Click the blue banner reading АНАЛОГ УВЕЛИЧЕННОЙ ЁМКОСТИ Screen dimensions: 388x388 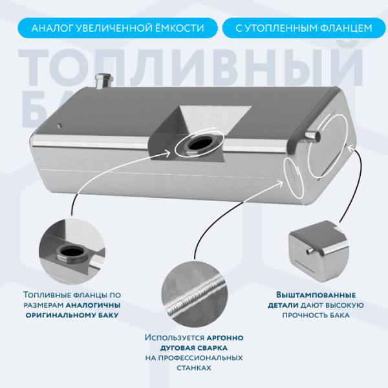coord(118,28)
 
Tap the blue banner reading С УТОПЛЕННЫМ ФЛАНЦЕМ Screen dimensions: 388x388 coord(304,28)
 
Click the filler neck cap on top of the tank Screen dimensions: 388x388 coord(103,81)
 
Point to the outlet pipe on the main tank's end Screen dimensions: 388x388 coord(313,136)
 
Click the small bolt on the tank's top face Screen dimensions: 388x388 coord(59,125)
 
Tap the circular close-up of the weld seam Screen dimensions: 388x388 coord(195,294)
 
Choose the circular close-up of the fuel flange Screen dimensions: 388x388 coord(72,252)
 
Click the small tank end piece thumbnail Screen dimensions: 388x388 coord(319,251)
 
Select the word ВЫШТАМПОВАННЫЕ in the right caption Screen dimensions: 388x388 coord(316,295)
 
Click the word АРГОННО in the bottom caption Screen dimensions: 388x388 coord(225,338)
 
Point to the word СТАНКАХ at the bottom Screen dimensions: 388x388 coord(194,368)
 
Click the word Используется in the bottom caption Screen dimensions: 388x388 coord(175,338)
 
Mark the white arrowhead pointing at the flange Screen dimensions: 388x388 coord(167,153)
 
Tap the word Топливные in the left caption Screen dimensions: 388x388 coord(45,295)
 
